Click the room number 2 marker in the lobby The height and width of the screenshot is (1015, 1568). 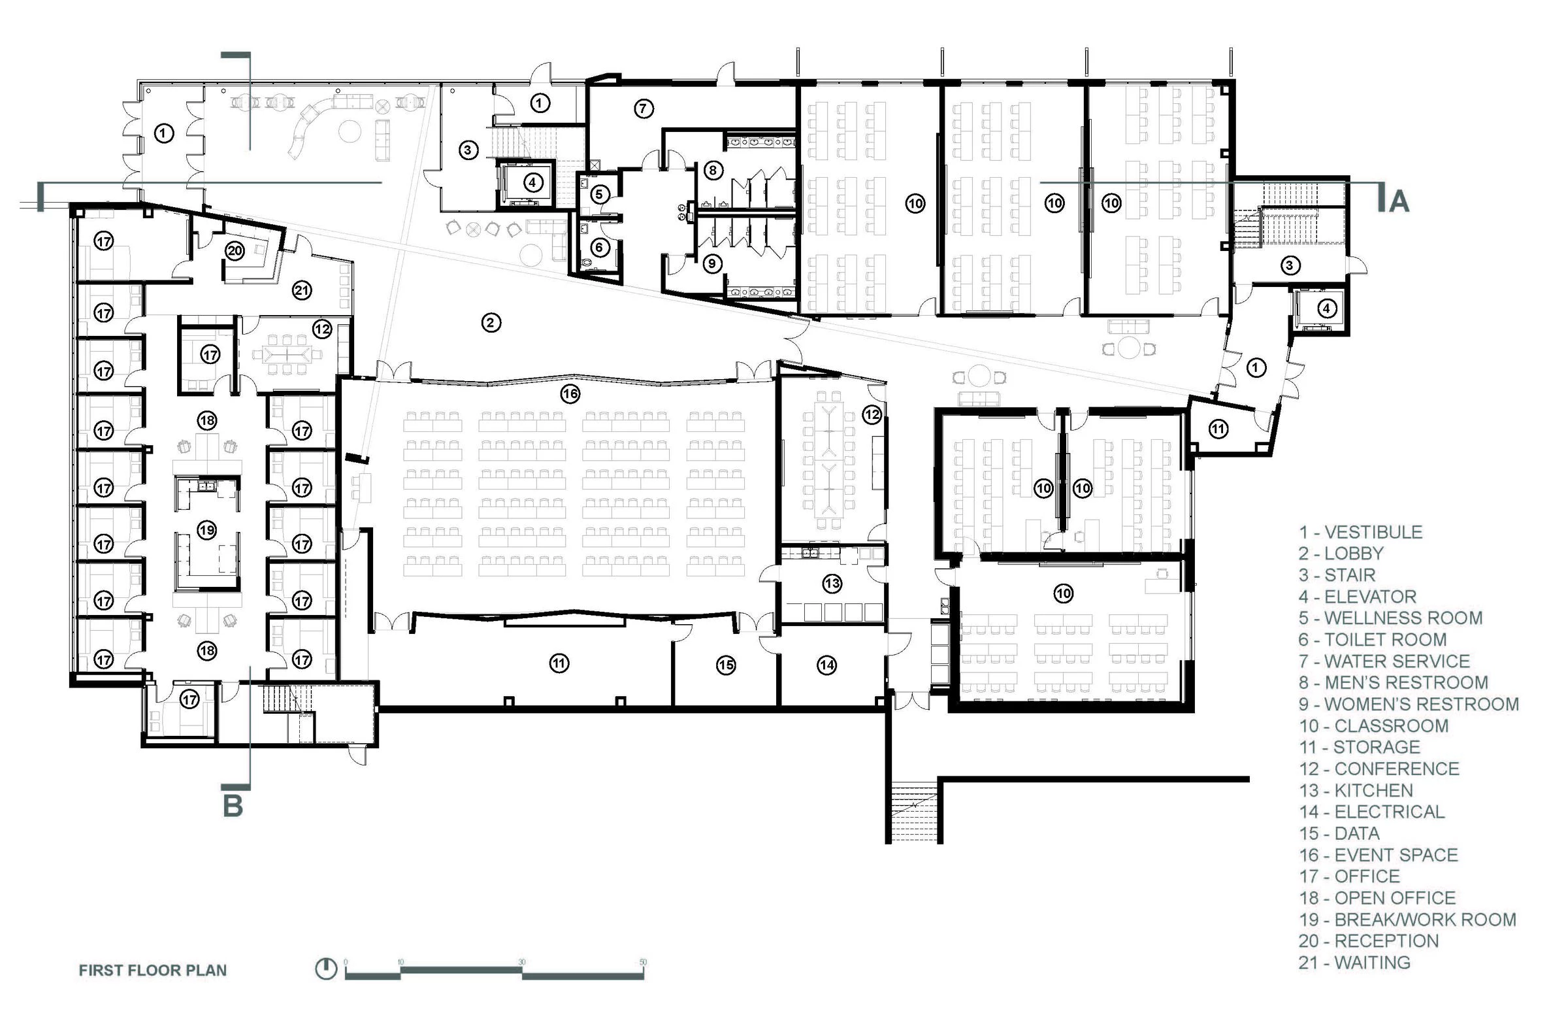point(490,323)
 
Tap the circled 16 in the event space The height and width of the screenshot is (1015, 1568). point(570,394)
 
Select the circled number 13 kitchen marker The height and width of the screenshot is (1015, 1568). point(832,583)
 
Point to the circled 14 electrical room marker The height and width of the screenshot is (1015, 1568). point(827,666)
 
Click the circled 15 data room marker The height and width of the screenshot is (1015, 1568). point(726,666)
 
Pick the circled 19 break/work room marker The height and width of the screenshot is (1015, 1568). point(207,530)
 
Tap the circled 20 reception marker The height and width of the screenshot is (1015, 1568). point(235,250)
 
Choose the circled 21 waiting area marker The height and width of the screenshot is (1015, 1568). point(302,290)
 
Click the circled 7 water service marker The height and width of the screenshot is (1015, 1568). point(644,108)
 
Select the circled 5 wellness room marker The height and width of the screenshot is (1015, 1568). point(600,194)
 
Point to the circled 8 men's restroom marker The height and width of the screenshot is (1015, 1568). point(712,170)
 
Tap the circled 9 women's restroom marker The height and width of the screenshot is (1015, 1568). point(711,263)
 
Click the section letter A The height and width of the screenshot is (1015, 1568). point(1399,201)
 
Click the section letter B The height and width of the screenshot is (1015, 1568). point(233,806)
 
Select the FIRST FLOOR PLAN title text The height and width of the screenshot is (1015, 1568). point(153,970)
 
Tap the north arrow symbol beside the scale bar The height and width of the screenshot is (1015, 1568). point(325,969)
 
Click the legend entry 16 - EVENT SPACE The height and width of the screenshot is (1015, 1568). point(1379,855)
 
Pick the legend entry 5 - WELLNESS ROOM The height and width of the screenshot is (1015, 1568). point(1391,618)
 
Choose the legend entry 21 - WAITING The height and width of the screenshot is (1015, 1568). point(1354,963)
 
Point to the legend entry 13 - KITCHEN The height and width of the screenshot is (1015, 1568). point(1356,790)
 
